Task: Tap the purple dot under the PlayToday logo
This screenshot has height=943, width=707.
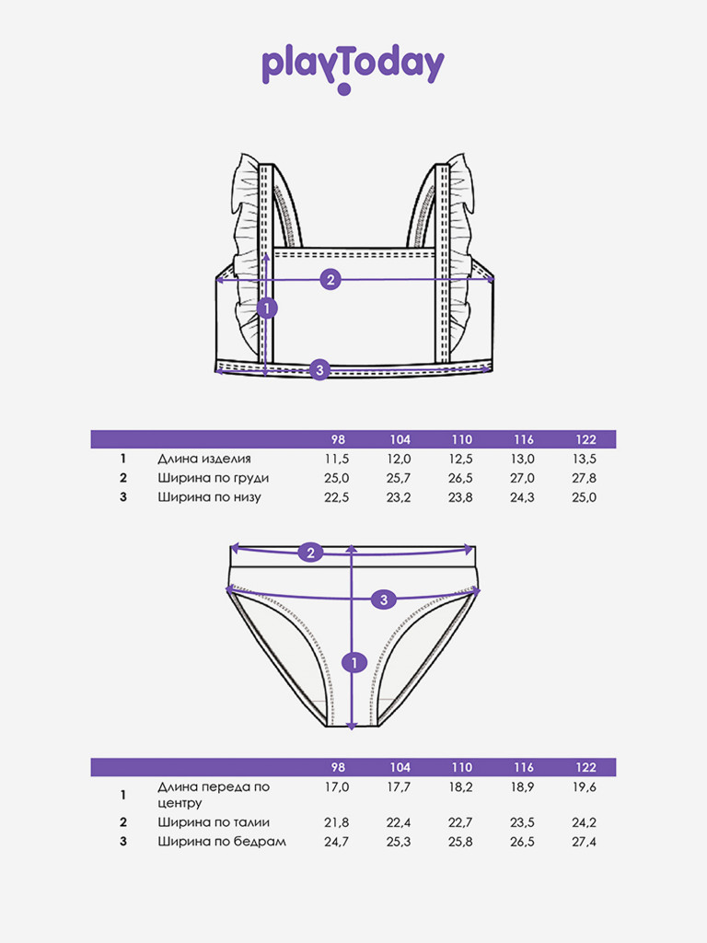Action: [344, 89]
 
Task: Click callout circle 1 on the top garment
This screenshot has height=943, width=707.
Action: [267, 309]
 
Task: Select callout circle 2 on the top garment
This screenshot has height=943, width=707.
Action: [330, 280]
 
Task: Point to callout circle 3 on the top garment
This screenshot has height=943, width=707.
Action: [319, 369]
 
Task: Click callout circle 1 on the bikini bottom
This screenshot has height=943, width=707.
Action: [353, 662]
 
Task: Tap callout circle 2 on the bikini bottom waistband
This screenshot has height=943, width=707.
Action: [310, 553]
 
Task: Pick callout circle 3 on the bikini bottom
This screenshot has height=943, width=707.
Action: [384, 599]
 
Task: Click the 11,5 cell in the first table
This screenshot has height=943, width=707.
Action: [337, 459]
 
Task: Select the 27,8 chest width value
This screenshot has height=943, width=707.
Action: [585, 478]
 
